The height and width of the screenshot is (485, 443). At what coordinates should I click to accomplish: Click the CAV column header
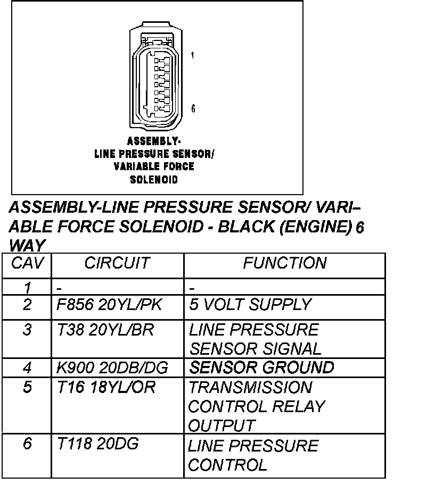(x=28, y=263)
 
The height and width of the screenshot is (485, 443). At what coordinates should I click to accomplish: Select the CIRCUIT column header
(x=117, y=263)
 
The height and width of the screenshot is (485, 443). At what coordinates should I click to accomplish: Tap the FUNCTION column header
(x=284, y=263)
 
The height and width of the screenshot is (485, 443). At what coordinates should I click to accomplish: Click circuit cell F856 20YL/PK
(x=110, y=305)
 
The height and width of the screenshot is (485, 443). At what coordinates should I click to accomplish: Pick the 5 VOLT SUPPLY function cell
(x=250, y=305)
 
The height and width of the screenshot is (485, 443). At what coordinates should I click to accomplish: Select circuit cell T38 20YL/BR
(x=105, y=330)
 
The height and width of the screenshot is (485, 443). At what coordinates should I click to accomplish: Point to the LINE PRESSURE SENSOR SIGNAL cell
(x=255, y=339)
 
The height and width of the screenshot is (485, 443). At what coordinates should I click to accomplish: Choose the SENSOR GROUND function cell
(x=261, y=367)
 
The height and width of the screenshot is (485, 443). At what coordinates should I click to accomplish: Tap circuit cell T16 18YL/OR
(x=106, y=388)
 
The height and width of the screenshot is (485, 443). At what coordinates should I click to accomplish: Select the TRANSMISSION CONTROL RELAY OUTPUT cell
(x=256, y=406)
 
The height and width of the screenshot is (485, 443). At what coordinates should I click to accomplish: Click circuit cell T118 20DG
(x=97, y=445)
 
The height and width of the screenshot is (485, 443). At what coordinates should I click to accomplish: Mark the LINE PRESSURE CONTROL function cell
(x=253, y=455)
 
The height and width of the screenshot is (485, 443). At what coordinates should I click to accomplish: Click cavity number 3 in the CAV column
(x=28, y=330)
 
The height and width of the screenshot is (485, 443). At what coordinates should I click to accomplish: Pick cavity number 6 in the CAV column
(x=28, y=445)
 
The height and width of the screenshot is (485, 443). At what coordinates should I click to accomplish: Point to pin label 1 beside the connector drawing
(x=192, y=55)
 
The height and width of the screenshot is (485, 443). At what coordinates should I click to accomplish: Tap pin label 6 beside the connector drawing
(x=193, y=109)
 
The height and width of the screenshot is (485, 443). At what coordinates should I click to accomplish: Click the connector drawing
(x=158, y=77)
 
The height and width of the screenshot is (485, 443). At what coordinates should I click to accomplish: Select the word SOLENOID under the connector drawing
(x=154, y=180)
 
